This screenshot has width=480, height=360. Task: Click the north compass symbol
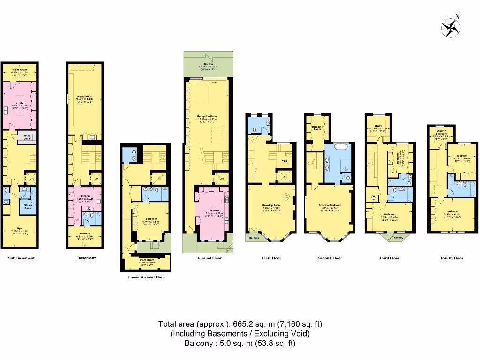click(x=451, y=27)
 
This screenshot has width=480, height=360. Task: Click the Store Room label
click(x=147, y=260)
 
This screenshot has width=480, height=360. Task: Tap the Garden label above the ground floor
click(x=208, y=64)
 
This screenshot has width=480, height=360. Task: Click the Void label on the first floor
click(x=284, y=161)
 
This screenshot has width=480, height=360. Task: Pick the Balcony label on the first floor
click(x=254, y=238)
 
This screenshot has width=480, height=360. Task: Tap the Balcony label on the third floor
click(x=398, y=238)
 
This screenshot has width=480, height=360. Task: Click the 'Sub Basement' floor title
click(x=22, y=258)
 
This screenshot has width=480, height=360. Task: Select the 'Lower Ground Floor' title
click(x=147, y=277)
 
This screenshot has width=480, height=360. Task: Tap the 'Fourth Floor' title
click(x=452, y=258)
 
